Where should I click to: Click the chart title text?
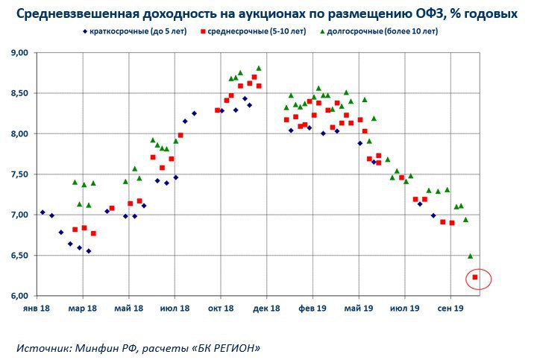[266, 14]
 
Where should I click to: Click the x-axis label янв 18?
[37, 307]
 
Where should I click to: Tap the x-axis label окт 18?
[221, 307]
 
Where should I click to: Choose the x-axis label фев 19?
[312, 307]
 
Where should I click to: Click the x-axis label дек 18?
[266, 307]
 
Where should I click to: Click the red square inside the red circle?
[476, 277]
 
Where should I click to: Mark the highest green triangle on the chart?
[259, 68]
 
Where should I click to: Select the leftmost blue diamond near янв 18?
[43, 212]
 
